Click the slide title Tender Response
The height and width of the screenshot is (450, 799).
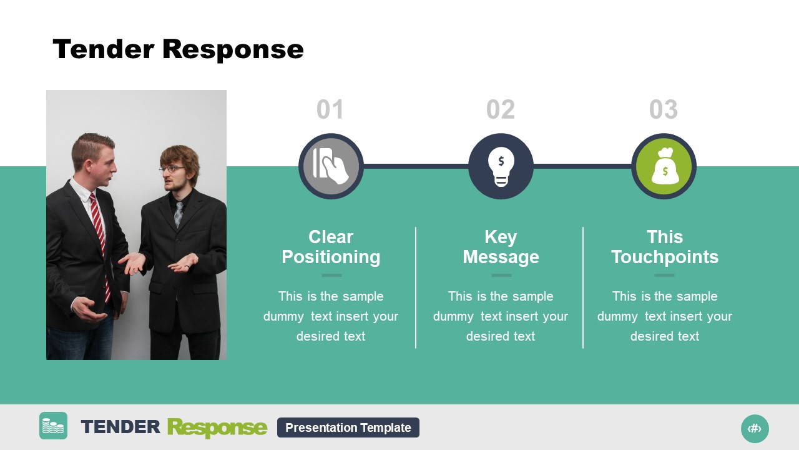click(x=178, y=49)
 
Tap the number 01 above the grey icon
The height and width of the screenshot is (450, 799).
click(x=330, y=110)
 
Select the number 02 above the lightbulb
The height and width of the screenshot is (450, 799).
click(x=501, y=110)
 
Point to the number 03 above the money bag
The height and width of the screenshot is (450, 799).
click(x=663, y=110)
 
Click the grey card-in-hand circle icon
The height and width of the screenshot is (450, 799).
click(x=331, y=166)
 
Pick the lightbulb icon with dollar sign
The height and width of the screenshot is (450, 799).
click(x=501, y=166)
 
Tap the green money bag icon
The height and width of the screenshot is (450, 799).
click(x=664, y=166)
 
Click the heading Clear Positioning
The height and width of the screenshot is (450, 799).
click(x=331, y=247)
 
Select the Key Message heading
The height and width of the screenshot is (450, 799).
click(x=501, y=247)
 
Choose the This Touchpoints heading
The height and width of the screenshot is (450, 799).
click(x=664, y=247)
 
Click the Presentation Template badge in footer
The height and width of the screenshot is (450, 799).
click(x=348, y=427)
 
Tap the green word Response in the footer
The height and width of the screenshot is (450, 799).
click(x=217, y=427)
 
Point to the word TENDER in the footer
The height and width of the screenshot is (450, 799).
click(x=120, y=427)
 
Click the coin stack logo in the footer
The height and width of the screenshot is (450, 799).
click(x=53, y=426)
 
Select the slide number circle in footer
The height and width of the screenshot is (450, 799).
click(x=755, y=429)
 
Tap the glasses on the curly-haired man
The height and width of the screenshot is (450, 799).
click(x=172, y=169)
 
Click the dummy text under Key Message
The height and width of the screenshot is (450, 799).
click(x=501, y=316)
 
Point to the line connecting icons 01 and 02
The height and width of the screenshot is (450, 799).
click(x=416, y=166)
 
